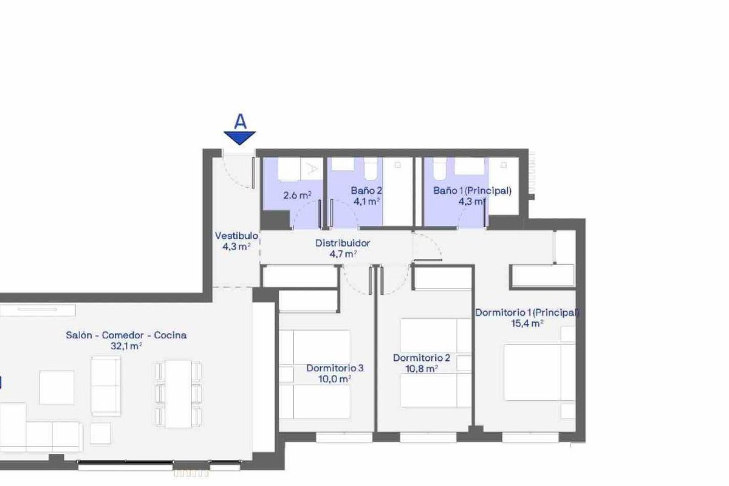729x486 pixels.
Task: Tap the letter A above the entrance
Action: [x=240, y=122]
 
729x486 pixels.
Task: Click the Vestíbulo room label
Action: [x=236, y=236]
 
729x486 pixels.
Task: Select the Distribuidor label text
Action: [x=343, y=243]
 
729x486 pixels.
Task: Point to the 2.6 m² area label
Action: [x=298, y=196]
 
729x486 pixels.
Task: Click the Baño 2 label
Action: [x=366, y=190]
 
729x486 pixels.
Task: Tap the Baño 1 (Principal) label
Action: [x=472, y=191]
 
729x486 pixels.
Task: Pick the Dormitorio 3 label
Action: [x=335, y=368]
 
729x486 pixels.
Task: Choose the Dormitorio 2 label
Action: [x=422, y=358]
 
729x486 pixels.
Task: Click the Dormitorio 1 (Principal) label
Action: [x=527, y=312]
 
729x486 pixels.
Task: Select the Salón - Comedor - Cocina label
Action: [x=126, y=335]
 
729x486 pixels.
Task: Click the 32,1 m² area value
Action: [x=126, y=346]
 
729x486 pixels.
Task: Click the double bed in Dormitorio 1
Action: [x=539, y=372]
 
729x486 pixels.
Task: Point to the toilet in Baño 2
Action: [x=371, y=169]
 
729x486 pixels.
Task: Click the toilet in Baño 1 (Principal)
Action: [x=440, y=169]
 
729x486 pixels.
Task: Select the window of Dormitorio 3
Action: [x=344, y=437]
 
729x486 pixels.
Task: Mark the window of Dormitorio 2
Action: [x=428, y=437]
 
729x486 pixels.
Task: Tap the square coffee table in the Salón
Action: [x=56, y=388]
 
